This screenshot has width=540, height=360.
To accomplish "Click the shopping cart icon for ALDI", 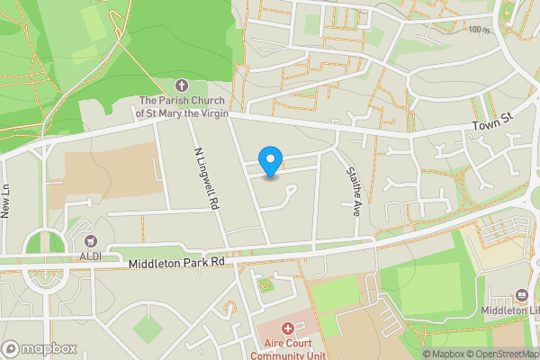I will tap(90, 240).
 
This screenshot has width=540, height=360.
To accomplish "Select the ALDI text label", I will tap(90, 256).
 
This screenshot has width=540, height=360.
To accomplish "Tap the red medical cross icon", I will tap(288, 329).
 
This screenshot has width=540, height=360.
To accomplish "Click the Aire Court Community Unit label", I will tap(288, 349).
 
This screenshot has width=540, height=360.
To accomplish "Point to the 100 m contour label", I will tap(479, 30).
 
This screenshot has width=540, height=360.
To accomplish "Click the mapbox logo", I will tap(40, 348).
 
